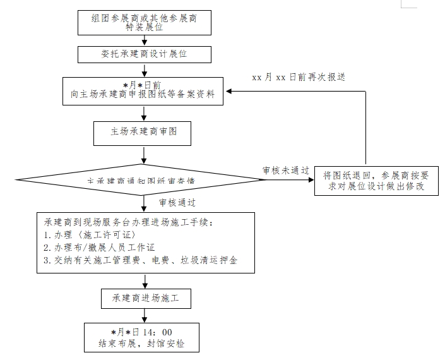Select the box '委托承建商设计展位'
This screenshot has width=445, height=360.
tap(145, 54)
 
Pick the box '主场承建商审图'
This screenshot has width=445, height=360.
tap(143, 133)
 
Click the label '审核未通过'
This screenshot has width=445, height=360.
tap(286, 170)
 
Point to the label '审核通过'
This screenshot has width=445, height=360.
tap(177, 203)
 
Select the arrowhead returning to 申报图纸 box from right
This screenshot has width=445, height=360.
tap(230, 92)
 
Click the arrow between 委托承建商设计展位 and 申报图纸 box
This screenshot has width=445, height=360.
tap(145, 70)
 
